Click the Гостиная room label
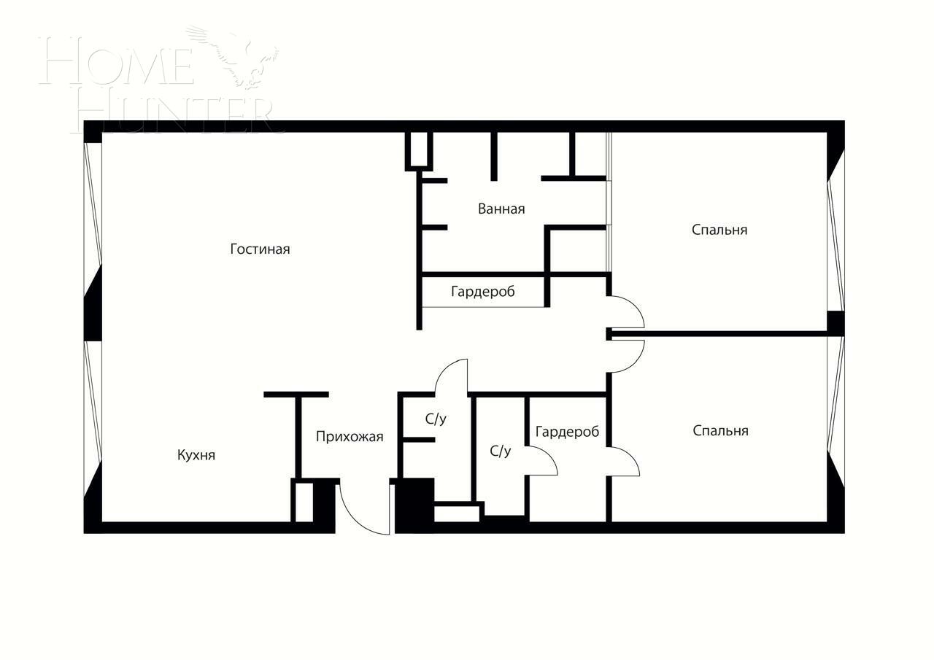coord(260,249)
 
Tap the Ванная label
coord(501,209)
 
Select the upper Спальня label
coord(719,230)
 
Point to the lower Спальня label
coord(720,431)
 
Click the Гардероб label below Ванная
coord(482,292)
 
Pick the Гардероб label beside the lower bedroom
coord(567,432)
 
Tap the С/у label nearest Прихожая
coord(436,419)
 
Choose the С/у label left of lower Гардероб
coord(500,451)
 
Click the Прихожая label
coord(350,437)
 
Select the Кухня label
coord(196,455)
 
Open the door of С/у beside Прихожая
coord(452,375)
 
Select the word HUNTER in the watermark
coord(175,113)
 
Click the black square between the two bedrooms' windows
coord(835,322)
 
